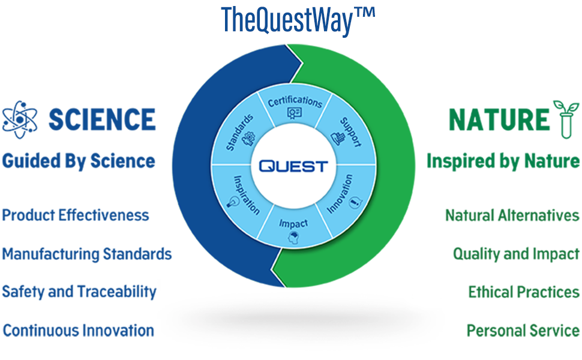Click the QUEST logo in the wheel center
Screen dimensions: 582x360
pos(293,166)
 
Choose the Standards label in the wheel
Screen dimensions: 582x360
pos(239,131)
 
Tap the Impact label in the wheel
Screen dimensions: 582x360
pos(293,223)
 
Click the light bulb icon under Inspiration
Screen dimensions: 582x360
pos(230,202)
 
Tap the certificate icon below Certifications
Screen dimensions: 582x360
pos(294,113)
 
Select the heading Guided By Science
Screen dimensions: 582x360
pos(79,161)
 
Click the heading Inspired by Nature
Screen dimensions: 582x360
pos(503,161)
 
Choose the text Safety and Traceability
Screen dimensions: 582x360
pos(79,292)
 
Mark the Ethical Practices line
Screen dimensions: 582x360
pos(524,292)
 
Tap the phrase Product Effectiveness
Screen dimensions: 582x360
pos(76,215)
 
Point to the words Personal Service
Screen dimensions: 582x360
pos(523,331)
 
